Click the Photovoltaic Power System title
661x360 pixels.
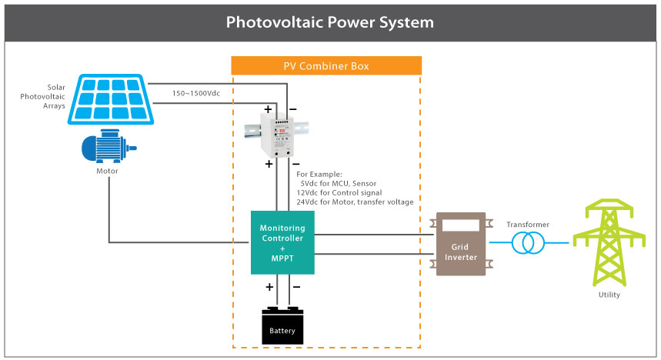(329, 22)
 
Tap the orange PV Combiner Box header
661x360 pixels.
(326, 66)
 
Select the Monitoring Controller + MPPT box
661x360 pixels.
(282, 241)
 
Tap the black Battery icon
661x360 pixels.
(282, 325)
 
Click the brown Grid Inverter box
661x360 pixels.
(461, 244)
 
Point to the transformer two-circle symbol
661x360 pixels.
(528, 243)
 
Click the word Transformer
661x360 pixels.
(528, 224)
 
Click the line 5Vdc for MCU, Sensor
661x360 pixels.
(339, 184)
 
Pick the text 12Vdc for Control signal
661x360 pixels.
(339, 192)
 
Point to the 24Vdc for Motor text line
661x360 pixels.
(355, 202)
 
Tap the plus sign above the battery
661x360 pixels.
(270, 287)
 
